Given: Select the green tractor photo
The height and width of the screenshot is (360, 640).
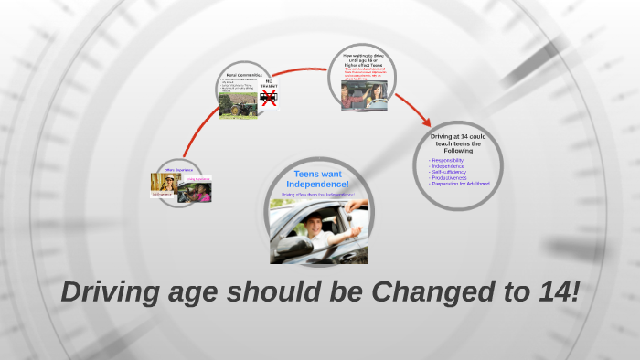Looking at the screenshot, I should point(237,104).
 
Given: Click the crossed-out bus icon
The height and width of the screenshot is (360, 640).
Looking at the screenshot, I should point(268,96).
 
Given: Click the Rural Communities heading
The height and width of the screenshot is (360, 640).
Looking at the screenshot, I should point(243,74).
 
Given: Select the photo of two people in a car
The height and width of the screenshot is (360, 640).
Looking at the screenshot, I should point(362,96).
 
